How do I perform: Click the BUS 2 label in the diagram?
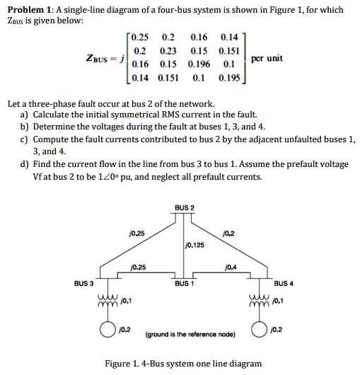[x=183, y=207]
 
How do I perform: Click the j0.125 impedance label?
[x=193, y=245]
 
